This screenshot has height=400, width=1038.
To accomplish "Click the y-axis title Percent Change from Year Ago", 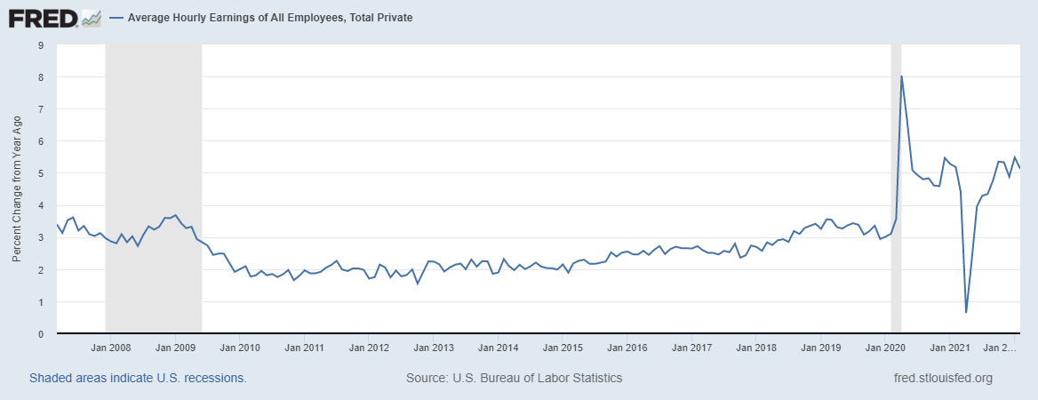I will tap(17, 189).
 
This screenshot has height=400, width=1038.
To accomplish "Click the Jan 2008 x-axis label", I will tap(114, 348).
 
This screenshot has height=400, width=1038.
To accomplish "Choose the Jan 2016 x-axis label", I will tap(627, 348).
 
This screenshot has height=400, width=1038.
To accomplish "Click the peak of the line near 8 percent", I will tap(902, 76).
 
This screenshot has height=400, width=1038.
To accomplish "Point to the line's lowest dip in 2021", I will tap(966, 312).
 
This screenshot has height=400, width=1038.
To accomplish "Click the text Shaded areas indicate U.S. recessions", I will tap(138, 378).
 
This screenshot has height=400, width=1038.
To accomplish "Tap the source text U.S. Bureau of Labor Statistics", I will tap(514, 378).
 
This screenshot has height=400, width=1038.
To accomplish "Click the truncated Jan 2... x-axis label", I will tap(1002, 348).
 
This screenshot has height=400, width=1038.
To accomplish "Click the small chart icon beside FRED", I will tap(90, 17).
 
